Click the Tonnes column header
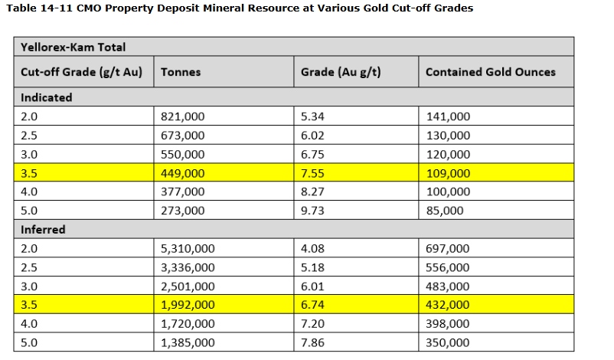(181, 72)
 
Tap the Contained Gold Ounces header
(491, 72)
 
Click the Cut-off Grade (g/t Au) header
(82, 72)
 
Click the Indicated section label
(47, 97)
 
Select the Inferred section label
(44, 229)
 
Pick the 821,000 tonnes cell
(183, 116)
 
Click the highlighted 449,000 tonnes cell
(183, 173)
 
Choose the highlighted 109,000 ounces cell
(448, 173)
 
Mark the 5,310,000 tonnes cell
(188, 248)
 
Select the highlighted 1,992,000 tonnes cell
(188, 305)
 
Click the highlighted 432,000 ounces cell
(448, 305)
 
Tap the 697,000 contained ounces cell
(448, 248)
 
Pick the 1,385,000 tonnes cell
(188, 342)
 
